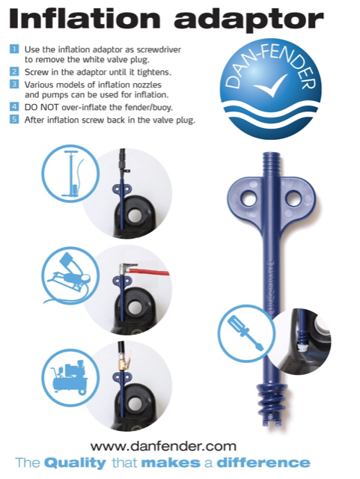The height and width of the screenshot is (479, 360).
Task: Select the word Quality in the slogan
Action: pos(71,463)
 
